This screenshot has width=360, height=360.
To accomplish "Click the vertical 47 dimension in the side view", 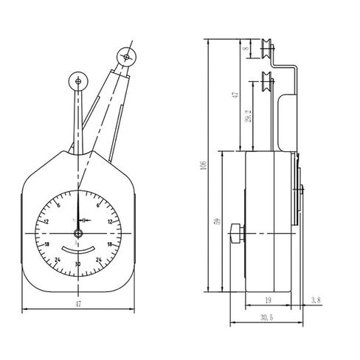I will click(x=235, y=95).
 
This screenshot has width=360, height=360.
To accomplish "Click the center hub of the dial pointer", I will click(x=77, y=220).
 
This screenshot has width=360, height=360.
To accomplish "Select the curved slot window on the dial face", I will click(x=77, y=249).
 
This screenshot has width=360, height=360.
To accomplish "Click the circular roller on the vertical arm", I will click(x=76, y=81).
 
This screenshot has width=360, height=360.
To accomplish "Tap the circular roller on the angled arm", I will click(x=126, y=56).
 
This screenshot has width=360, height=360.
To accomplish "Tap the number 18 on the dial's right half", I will click(x=110, y=243).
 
